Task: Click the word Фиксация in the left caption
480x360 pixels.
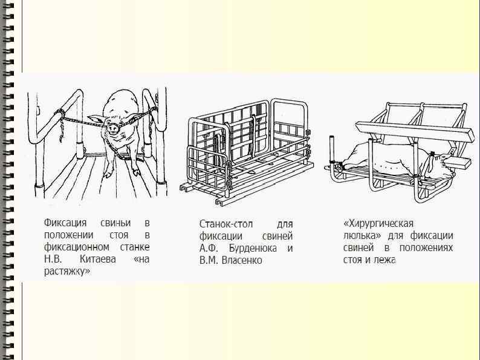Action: pyautogui.click(x=66, y=223)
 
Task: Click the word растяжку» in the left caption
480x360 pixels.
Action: pyautogui.click(x=67, y=272)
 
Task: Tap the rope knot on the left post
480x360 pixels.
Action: pyautogui.click(x=59, y=113)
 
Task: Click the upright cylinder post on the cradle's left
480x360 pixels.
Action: pyautogui.click(x=332, y=151)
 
